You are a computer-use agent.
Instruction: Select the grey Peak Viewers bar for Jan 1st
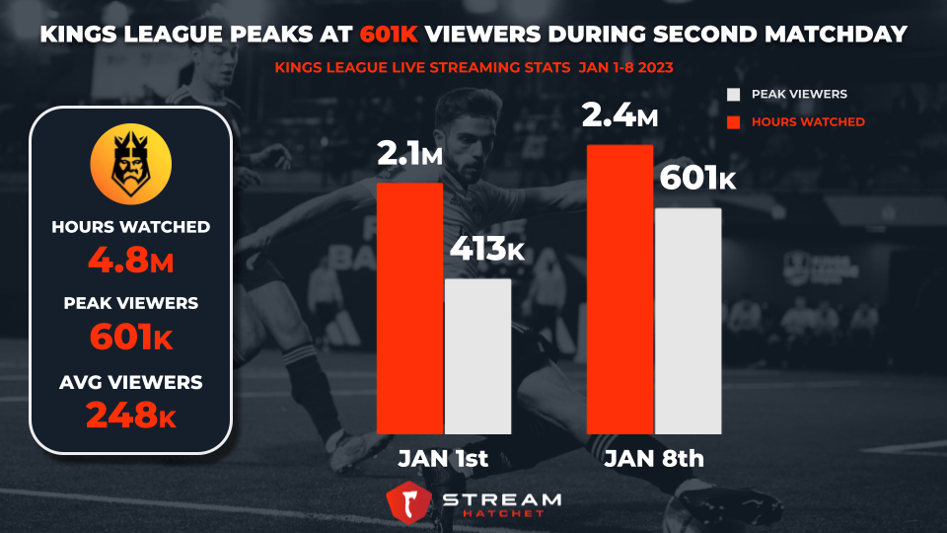coord(477,356)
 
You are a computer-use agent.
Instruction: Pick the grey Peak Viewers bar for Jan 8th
coord(688,321)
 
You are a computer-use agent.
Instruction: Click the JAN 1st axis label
coord(443,460)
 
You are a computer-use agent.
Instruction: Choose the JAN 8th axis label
coord(654,460)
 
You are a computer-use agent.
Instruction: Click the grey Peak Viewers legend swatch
coord(732,95)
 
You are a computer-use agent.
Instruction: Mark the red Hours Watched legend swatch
coord(732,121)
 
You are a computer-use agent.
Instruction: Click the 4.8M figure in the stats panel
coord(130,262)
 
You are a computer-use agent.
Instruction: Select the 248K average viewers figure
coord(130,415)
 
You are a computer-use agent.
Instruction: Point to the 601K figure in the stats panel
coord(130,338)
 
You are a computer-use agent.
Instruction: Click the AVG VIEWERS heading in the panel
coord(130,382)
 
